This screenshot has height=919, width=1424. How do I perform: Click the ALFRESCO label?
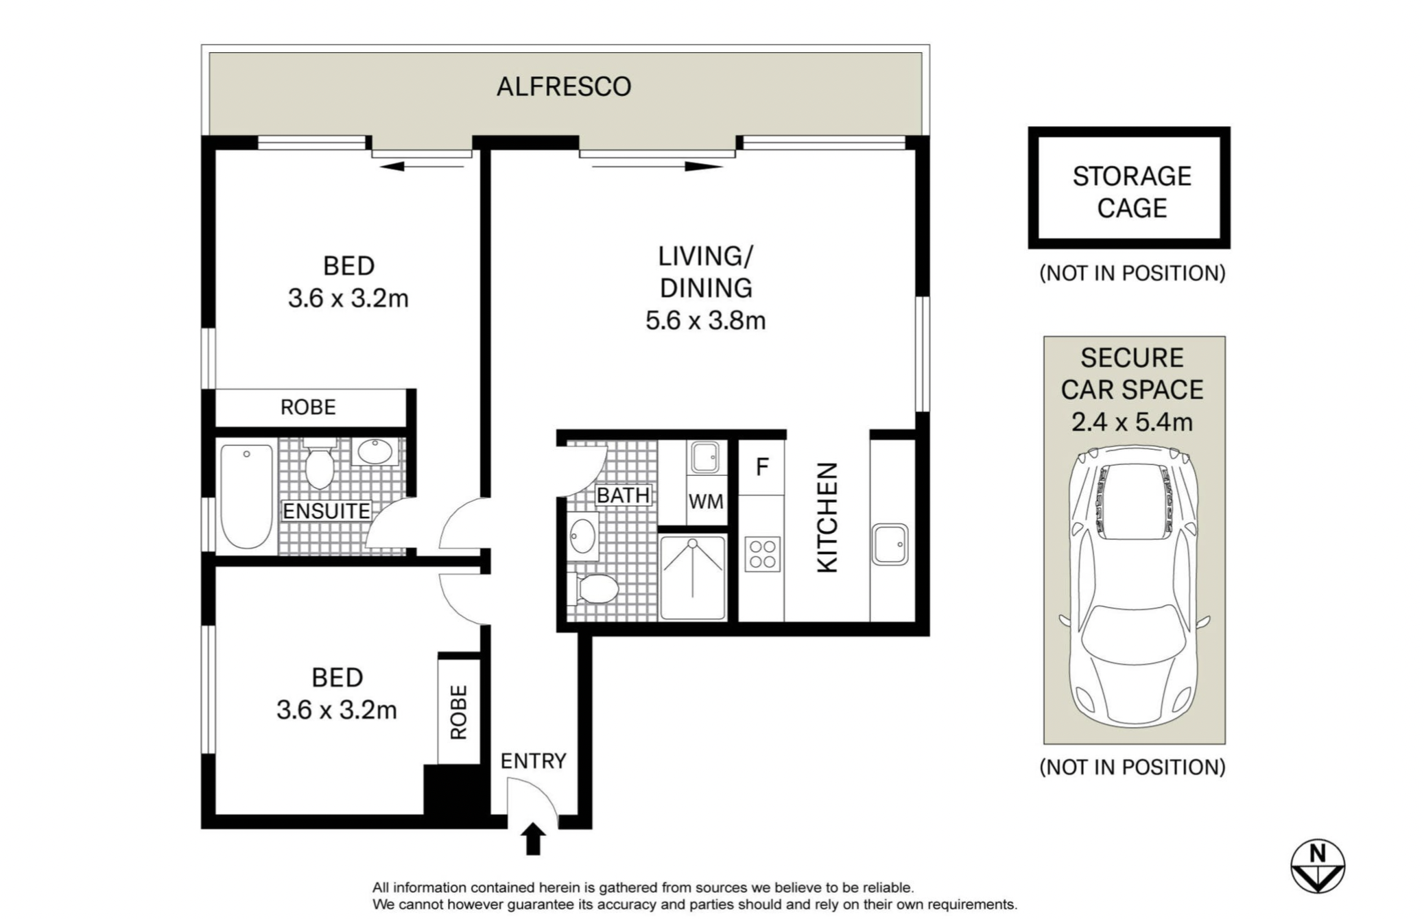(x=564, y=86)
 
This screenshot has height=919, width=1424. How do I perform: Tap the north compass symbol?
(x=1317, y=866)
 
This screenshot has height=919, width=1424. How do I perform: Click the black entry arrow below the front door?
(x=533, y=839)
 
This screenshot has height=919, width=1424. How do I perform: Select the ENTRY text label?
(x=533, y=761)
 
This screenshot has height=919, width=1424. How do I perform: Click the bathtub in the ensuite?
(x=246, y=497)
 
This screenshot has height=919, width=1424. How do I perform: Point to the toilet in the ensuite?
(x=320, y=463)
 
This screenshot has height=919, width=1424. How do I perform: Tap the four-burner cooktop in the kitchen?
(x=762, y=554)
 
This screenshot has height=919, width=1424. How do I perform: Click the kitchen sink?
(x=890, y=545)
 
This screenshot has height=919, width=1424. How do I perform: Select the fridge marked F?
(x=761, y=467)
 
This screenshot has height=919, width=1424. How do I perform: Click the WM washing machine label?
(x=706, y=502)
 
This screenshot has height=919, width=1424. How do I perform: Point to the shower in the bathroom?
(x=693, y=577)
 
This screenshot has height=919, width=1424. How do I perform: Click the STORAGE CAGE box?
(x=1129, y=187)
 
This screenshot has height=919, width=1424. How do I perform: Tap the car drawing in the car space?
(x=1134, y=587)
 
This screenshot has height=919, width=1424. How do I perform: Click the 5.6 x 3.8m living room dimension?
(x=705, y=320)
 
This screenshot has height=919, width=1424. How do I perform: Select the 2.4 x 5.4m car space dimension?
(x=1132, y=421)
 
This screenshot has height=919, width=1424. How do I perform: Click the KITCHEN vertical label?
(x=828, y=517)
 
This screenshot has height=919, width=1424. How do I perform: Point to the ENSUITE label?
(x=327, y=511)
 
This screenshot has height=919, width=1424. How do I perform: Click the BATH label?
(x=623, y=495)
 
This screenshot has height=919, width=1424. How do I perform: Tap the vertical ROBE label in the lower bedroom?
(x=458, y=712)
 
